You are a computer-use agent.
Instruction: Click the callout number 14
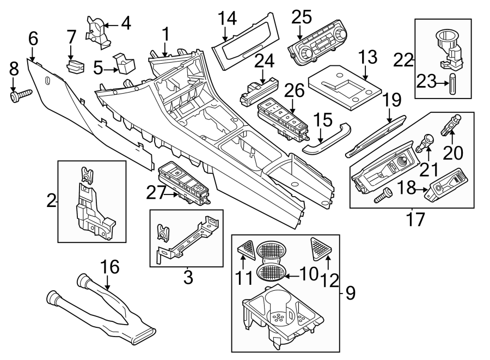tap(228, 19)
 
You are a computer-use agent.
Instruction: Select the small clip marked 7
tap(75, 66)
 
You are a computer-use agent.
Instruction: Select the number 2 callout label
tap(51, 201)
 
